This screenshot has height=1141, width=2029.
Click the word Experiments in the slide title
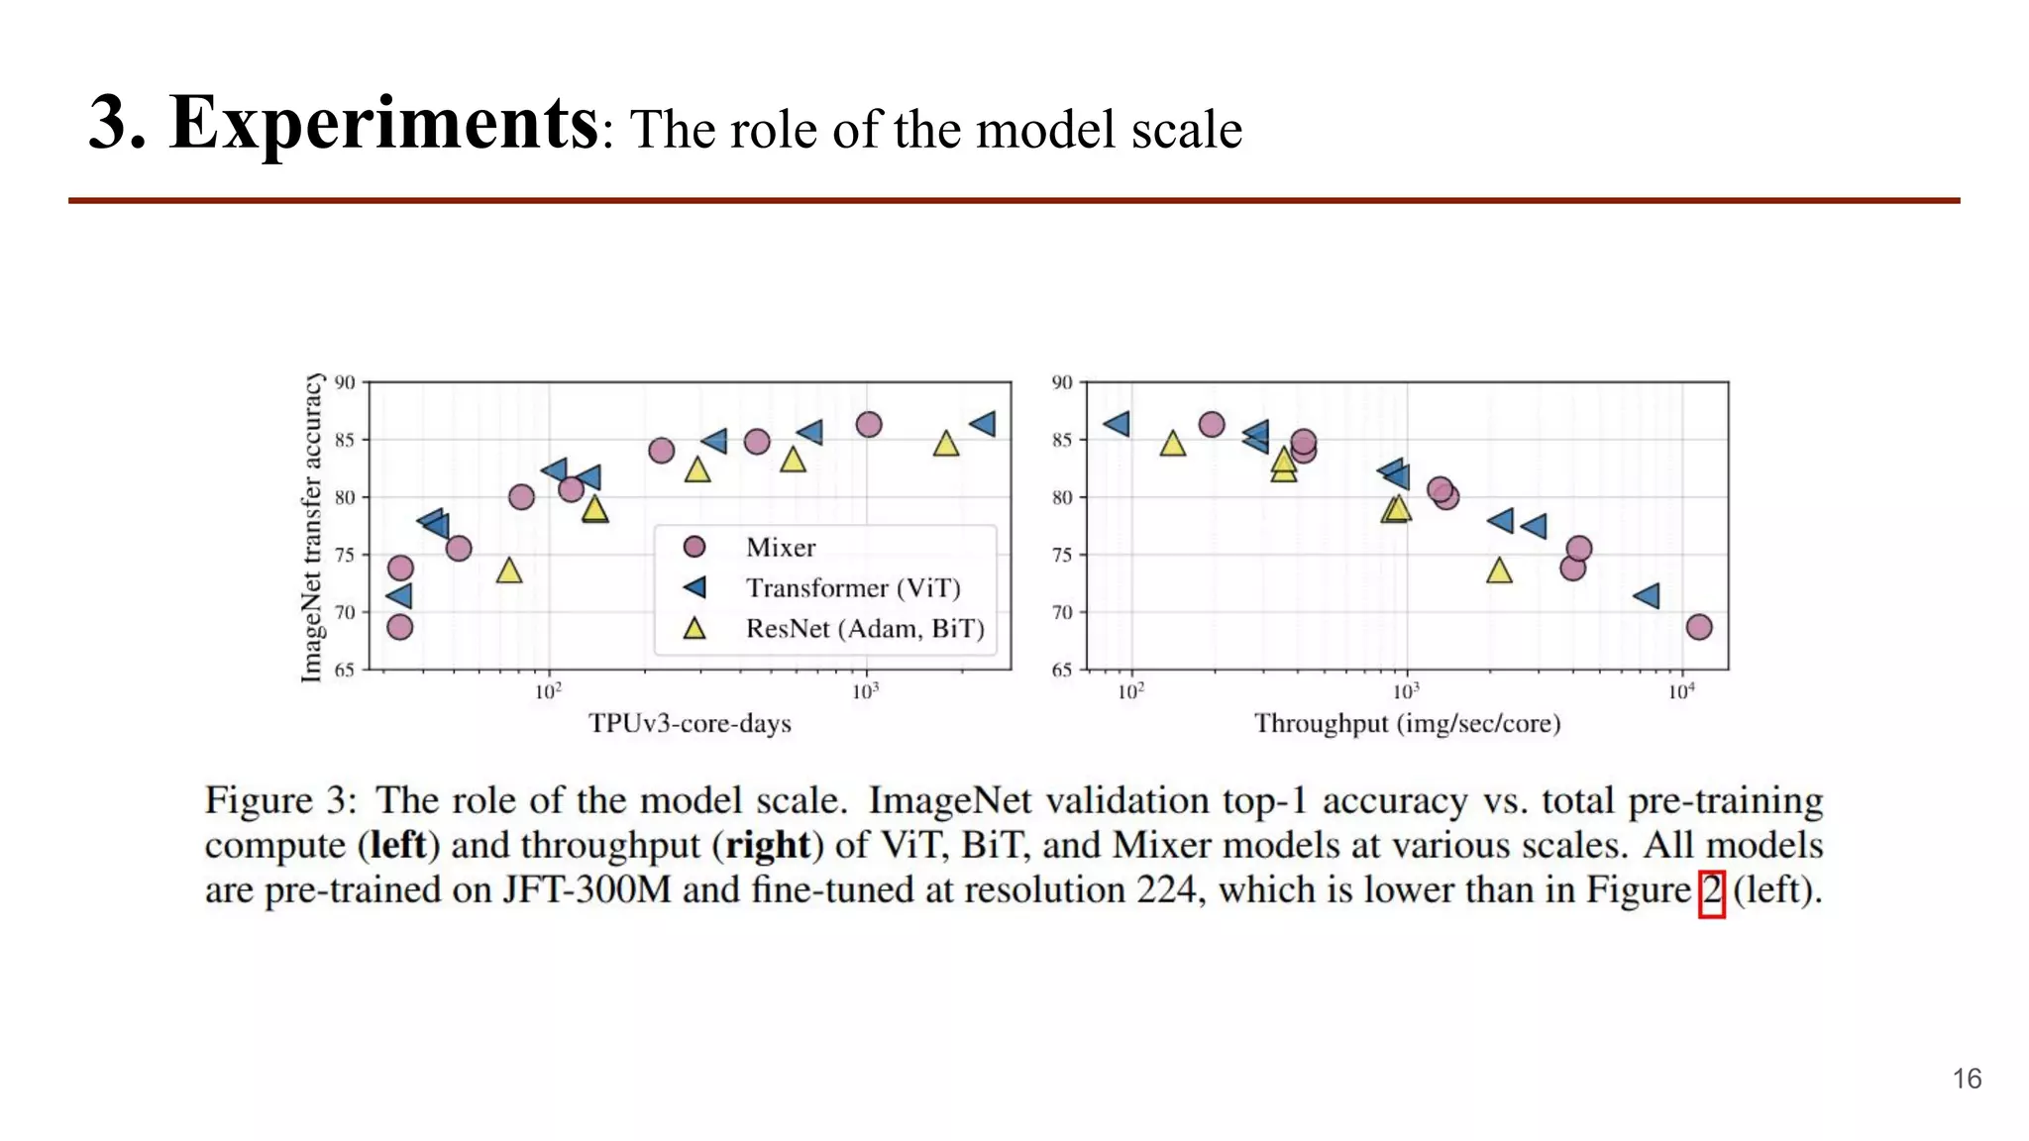pyautogui.click(x=383, y=124)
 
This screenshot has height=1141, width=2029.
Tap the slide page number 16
pyautogui.click(x=1967, y=1079)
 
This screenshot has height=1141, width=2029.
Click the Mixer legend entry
pyautogui.click(x=780, y=548)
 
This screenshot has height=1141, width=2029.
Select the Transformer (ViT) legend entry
pyautogui.click(x=852, y=588)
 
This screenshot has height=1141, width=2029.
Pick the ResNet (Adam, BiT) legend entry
pyautogui.click(x=864, y=629)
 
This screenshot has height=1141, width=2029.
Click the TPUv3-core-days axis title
pyautogui.click(x=690, y=724)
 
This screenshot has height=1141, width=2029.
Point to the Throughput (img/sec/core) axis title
pyautogui.click(x=1407, y=724)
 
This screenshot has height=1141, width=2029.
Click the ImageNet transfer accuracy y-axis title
pyautogui.click(x=311, y=528)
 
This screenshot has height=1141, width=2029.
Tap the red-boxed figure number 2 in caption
pyautogui.click(x=1711, y=892)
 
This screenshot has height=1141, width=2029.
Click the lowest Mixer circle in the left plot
pyautogui.click(x=399, y=627)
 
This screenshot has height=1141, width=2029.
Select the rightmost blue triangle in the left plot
pyautogui.click(x=983, y=424)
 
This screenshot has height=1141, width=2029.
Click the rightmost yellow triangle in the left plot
pyautogui.click(x=946, y=445)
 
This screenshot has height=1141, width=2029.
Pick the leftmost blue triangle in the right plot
pyautogui.click(x=1117, y=424)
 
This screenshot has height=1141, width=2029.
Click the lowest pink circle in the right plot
pyautogui.click(x=1698, y=627)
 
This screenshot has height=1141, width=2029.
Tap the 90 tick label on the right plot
pyautogui.click(x=1061, y=382)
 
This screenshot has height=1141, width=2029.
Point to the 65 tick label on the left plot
pyautogui.click(x=344, y=671)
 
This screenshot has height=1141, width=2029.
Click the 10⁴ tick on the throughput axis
pyautogui.click(x=1681, y=691)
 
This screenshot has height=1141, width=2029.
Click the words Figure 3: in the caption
pyautogui.click(x=280, y=800)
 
